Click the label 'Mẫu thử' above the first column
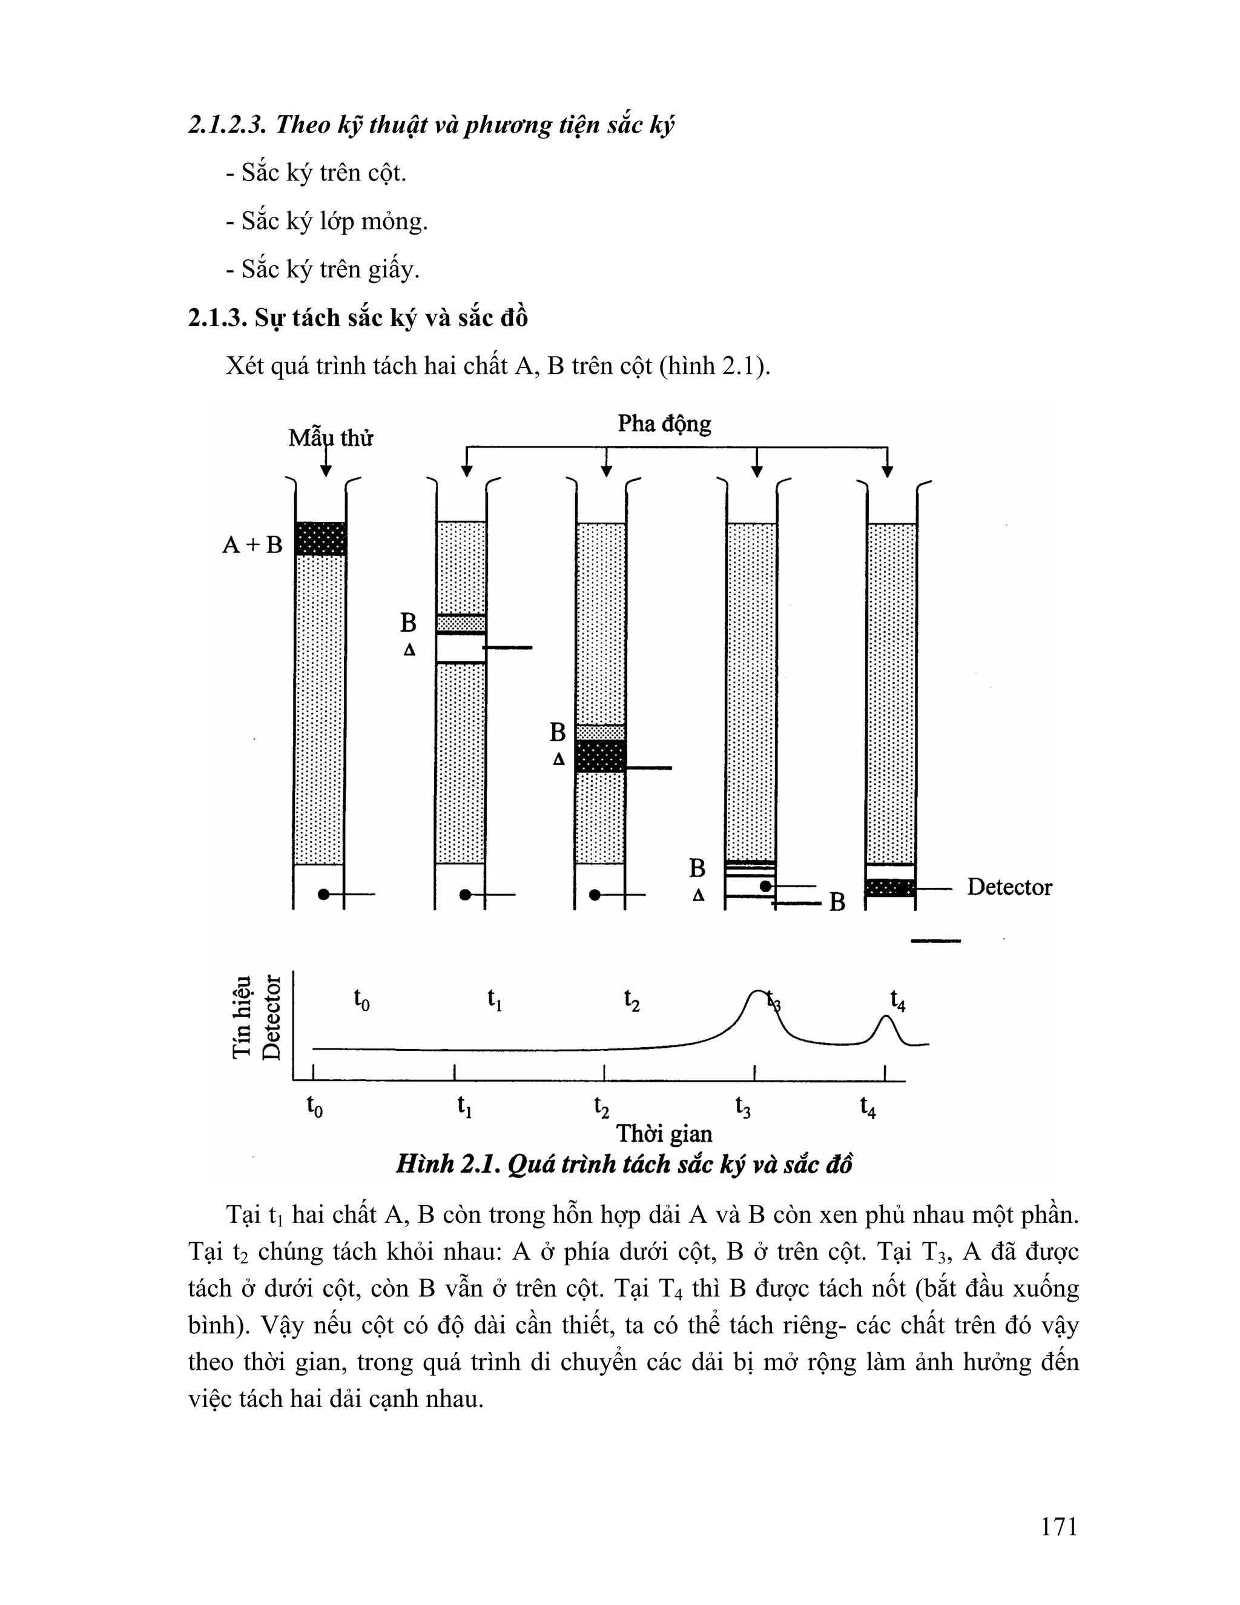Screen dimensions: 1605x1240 pyautogui.click(x=331, y=438)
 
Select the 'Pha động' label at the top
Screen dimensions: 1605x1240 pyautogui.click(x=664, y=424)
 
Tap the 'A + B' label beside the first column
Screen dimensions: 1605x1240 pyautogui.click(x=252, y=544)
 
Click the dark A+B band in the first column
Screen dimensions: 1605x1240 pyautogui.click(x=320, y=538)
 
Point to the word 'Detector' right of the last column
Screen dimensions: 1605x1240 pyautogui.click(x=1009, y=887)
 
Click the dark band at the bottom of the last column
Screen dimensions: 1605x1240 pyautogui.click(x=889, y=888)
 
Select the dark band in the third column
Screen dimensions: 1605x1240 pyautogui.click(x=600, y=756)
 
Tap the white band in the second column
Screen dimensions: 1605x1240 pyautogui.click(x=461, y=647)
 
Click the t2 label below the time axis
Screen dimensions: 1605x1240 pyautogui.click(x=602, y=1106)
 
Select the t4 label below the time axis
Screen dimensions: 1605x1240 pyautogui.click(x=868, y=1106)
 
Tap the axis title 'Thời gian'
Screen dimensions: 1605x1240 pyautogui.click(x=664, y=1133)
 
